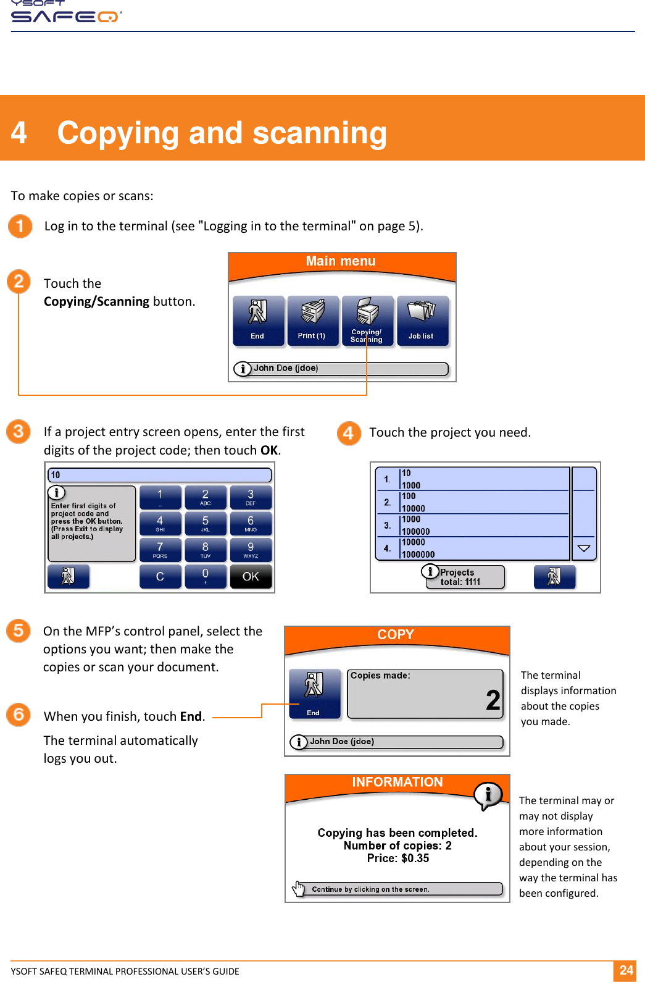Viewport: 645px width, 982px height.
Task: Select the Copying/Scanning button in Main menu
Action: [367, 321]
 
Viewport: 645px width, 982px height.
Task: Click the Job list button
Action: [422, 321]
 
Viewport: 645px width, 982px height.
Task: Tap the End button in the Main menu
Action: [258, 321]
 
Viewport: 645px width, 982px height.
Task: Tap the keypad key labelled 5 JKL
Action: [205, 524]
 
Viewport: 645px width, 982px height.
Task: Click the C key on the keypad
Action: [160, 576]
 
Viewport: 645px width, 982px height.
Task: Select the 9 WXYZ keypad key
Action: [251, 550]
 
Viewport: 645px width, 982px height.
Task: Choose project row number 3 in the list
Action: [472, 526]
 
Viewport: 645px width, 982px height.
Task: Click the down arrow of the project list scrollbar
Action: [584, 548]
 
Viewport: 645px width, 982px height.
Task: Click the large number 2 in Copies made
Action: [493, 700]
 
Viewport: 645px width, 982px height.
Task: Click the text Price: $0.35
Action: [398, 858]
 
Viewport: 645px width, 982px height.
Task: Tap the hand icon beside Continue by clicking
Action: [299, 889]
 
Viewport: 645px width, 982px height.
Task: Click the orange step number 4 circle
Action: [349, 433]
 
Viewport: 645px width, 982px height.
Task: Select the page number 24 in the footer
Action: [626, 970]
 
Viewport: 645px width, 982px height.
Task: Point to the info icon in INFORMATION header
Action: [488, 795]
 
